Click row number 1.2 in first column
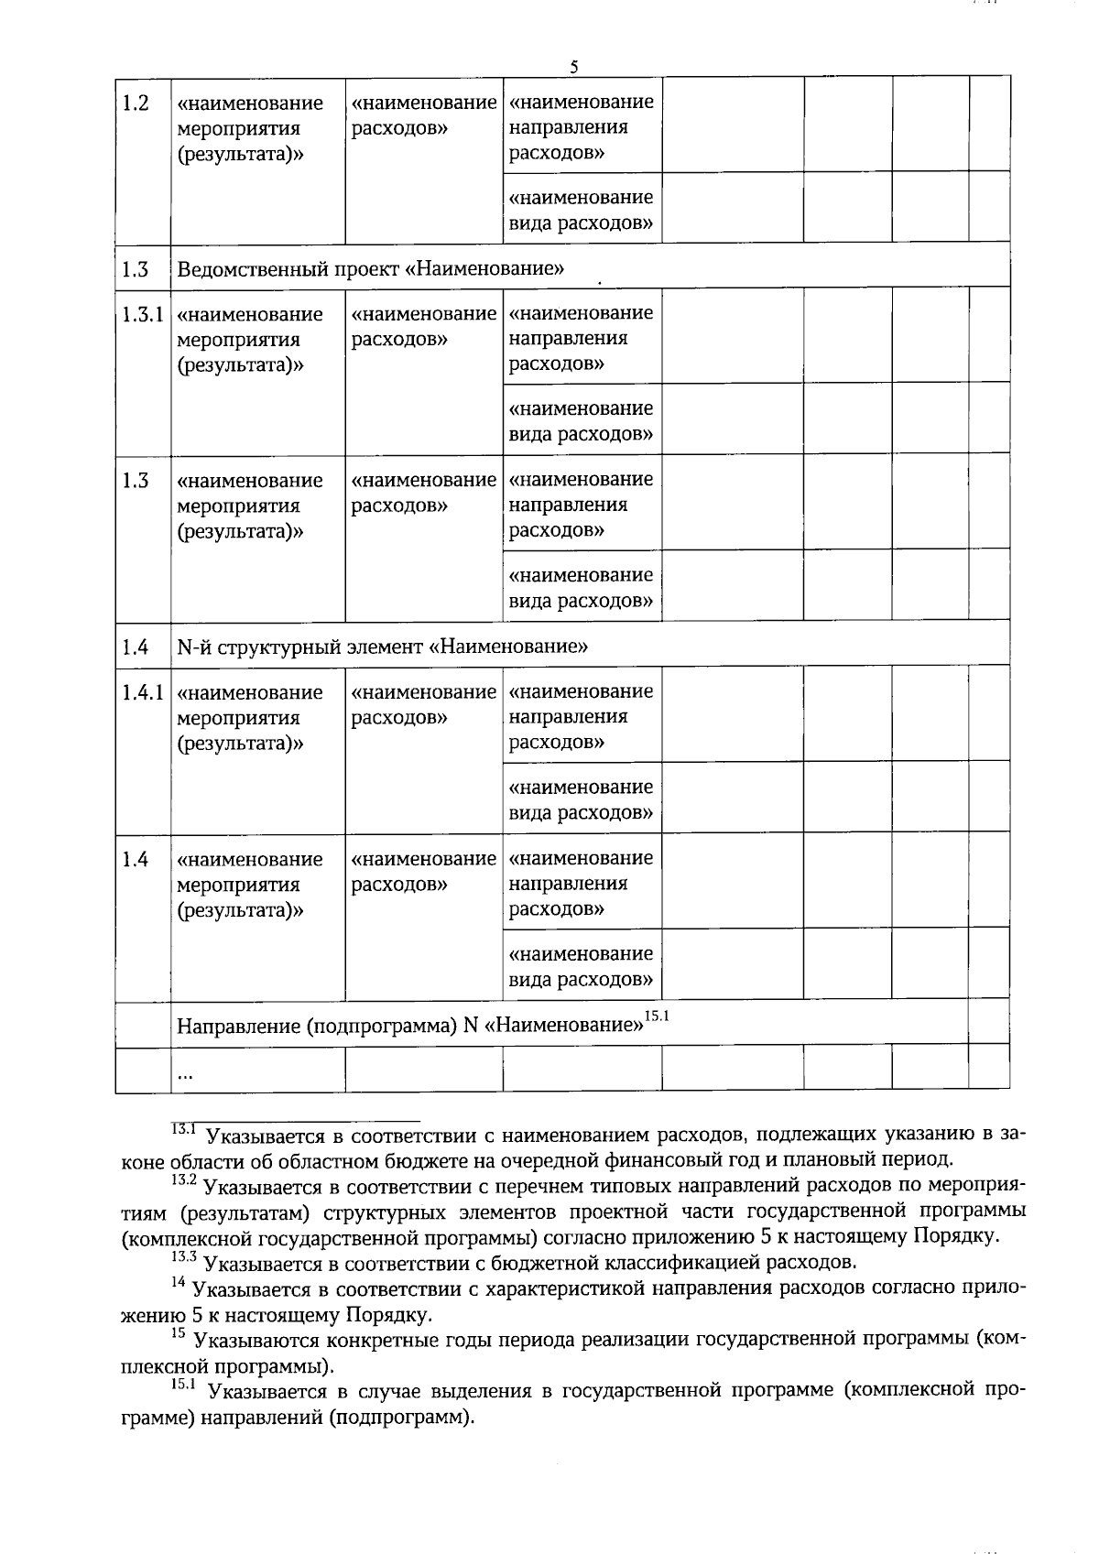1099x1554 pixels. [136, 103]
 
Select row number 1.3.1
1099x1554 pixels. [142, 315]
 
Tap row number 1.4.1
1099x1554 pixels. [142, 693]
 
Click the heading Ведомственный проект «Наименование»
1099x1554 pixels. [370, 269]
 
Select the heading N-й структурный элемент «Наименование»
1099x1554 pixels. [382, 647]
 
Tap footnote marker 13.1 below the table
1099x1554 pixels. [184, 1132]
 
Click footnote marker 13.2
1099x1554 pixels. [184, 1180]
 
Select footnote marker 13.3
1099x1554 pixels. [184, 1258]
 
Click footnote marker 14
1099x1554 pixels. [179, 1284]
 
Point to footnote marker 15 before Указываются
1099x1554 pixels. [179, 1335]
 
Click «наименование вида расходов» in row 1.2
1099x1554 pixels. [581, 211]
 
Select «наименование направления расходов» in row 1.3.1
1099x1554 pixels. [581, 339]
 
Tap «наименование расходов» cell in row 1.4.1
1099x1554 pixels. [423, 705]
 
